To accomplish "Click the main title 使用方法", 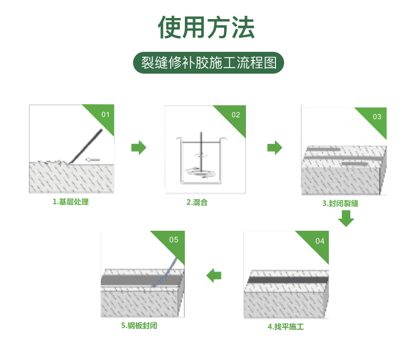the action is pos(206,27).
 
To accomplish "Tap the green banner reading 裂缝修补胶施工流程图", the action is pos(208,63).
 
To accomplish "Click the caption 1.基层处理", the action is pos(71,202).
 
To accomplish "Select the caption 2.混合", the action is pos(197,202).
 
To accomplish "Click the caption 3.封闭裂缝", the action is pos(340,203).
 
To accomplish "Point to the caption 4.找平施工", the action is pos(286,327).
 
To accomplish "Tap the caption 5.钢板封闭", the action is pos(139,326).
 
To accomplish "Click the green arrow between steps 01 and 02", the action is pos(139,148).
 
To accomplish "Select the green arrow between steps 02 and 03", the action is pos(275,148).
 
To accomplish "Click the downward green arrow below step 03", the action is pos(346,219).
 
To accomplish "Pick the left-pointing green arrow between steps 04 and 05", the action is pos(214,275).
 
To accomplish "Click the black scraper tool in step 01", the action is pos(86,146).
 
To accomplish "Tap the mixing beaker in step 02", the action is pos(201,161).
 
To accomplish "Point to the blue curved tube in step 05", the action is pos(165,273).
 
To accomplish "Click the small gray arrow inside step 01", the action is pos(93,160).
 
